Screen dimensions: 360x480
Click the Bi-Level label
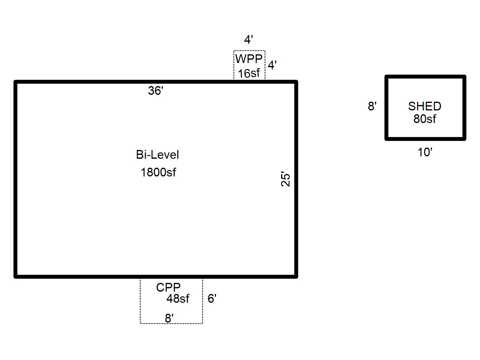[x=157, y=155]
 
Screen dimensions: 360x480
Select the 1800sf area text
[x=158, y=172]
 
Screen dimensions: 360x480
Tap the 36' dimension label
[x=155, y=91]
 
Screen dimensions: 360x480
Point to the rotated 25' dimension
[x=286, y=179]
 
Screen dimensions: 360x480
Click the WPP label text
[x=249, y=59]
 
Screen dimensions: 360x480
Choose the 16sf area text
[x=249, y=73]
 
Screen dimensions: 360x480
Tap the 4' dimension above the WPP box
[x=248, y=40]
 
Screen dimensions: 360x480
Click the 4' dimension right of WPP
[x=272, y=65]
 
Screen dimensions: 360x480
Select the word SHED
[x=424, y=106]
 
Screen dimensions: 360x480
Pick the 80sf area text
[x=424, y=119]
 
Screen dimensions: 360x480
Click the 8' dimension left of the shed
[x=372, y=106]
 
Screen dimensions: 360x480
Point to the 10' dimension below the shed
[x=425, y=152]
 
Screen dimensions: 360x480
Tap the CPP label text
[x=168, y=287]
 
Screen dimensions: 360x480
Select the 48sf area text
[x=178, y=299]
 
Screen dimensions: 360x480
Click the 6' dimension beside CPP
[x=212, y=298]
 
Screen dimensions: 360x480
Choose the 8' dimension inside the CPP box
[x=169, y=318]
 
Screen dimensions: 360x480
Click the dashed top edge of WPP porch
[x=249, y=51]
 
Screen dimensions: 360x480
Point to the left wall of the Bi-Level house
[x=16, y=180]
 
